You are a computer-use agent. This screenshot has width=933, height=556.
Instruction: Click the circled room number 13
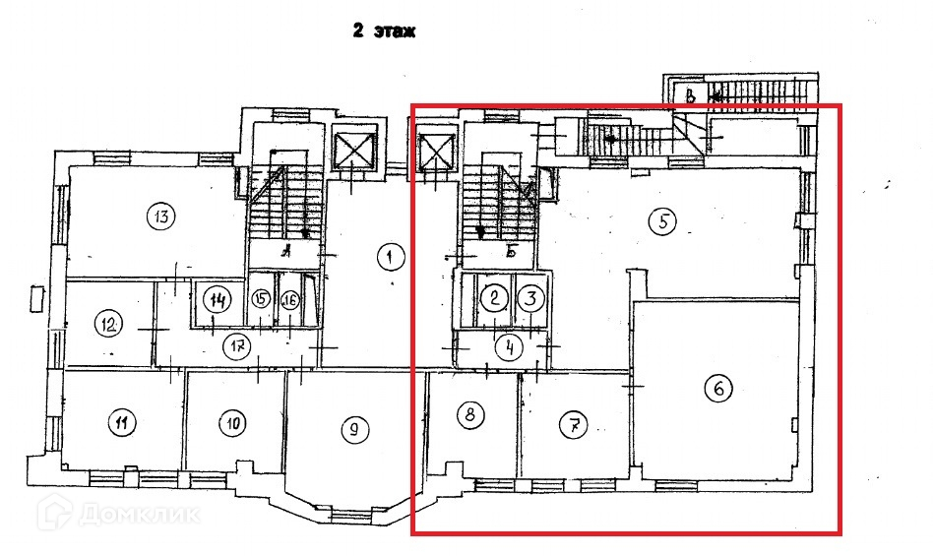click(x=158, y=216)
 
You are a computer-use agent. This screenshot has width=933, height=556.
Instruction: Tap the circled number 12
click(x=109, y=322)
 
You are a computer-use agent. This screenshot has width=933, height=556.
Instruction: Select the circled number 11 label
click(x=121, y=424)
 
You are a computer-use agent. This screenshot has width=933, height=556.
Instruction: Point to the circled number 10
click(x=232, y=424)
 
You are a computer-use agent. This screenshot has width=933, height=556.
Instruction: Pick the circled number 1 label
click(x=391, y=258)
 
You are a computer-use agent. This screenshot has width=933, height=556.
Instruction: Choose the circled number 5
click(x=664, y=222)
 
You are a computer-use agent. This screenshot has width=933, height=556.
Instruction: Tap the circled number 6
click(x=718, y=390)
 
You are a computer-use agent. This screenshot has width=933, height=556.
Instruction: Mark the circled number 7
click(x=573, y=426)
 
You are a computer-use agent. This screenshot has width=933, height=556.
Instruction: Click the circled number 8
click(x=470, y=415)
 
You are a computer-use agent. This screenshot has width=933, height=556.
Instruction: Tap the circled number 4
click(x=509, y=346)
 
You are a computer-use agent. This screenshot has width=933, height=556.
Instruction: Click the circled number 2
click(x=496, y=297)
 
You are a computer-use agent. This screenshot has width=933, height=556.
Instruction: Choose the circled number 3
click(x=530, y=297)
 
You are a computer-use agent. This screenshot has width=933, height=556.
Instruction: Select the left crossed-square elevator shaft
click(x=354, y=152)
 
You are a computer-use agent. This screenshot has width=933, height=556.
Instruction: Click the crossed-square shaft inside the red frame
click(x=435, y=154)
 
